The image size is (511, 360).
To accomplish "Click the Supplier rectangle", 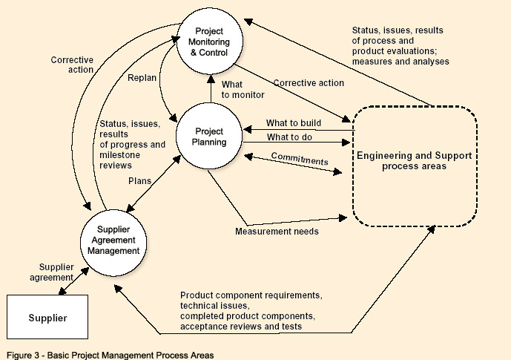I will (47, 318).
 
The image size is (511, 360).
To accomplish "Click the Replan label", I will (142, 77).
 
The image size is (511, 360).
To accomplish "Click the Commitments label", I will (299, 158).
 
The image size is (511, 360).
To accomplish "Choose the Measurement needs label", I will (277, 231).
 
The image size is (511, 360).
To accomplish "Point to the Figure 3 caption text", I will (108, 355).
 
